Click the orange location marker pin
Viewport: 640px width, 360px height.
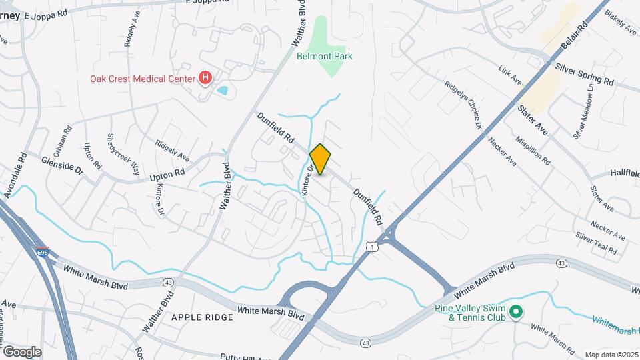[321, 159]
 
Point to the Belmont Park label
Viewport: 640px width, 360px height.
[324, 57]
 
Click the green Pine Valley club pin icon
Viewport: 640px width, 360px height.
[515, 311]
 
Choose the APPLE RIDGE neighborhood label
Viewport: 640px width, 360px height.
[203, 317]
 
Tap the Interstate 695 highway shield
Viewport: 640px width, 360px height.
[42, 253]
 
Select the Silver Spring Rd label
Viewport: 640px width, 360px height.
[584, 74]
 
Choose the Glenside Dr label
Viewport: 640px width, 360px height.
[61, 166]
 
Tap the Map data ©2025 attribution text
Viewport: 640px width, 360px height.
[611, 355]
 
